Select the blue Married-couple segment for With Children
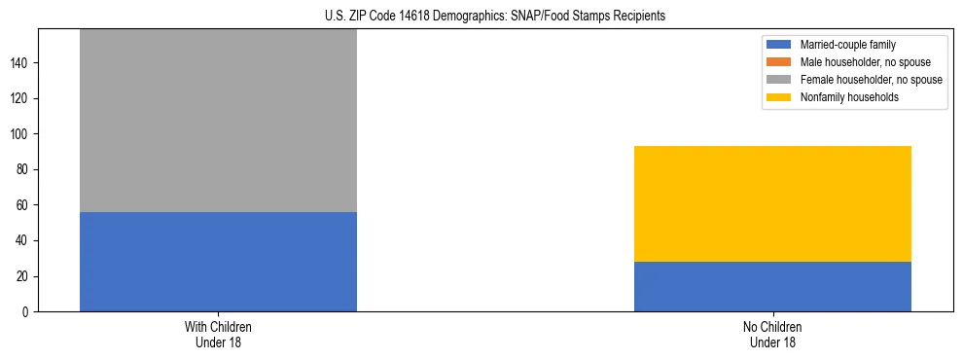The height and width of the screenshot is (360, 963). (x=218, y=262)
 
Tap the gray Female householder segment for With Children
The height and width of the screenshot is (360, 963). (x=218, y=121)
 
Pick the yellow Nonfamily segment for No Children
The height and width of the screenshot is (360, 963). (x=772, y=203)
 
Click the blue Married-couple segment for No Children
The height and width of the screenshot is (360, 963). (x=772, y=286)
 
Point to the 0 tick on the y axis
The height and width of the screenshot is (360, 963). (x=27, y=311)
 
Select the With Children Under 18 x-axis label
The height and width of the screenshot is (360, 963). (x=218, y=334)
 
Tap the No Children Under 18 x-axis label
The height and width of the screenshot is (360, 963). (x=772, y=334)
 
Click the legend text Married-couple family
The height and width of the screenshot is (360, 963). (x=848, y=45)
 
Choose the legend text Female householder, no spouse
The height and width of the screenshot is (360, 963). (x=870, y=80)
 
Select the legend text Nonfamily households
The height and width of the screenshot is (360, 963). (x=848, y=97)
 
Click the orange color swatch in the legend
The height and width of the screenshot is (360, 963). (x=779, y=62)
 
